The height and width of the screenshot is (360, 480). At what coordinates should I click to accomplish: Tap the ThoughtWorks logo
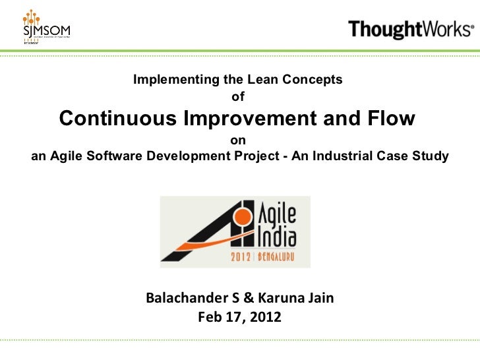[409, 29]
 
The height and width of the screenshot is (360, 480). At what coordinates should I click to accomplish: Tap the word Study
[433, 157]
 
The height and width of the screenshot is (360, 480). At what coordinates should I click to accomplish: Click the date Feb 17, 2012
[239, 318]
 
